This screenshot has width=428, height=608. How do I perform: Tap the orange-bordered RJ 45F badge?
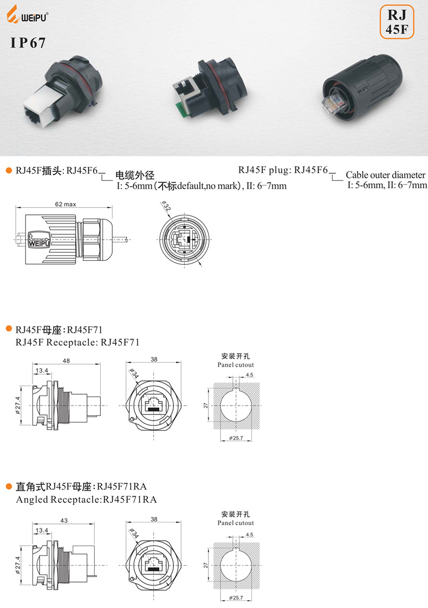click(397, 21)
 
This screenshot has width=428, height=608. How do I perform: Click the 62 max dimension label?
click(65, 205)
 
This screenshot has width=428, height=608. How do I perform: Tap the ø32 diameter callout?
click(165, 207)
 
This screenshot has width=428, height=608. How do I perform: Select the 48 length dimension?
click(66, 361)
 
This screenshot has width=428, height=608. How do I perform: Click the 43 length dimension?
click(64, 520)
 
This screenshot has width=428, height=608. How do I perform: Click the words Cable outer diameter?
click(386, 175)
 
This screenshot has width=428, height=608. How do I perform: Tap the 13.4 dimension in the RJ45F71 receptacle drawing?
click(42, 371)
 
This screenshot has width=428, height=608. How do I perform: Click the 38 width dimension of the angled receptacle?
click(154, 519)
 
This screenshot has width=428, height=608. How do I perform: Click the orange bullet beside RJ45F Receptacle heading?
click(8, 329)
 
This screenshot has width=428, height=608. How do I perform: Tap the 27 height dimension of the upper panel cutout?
click(207, 405)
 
